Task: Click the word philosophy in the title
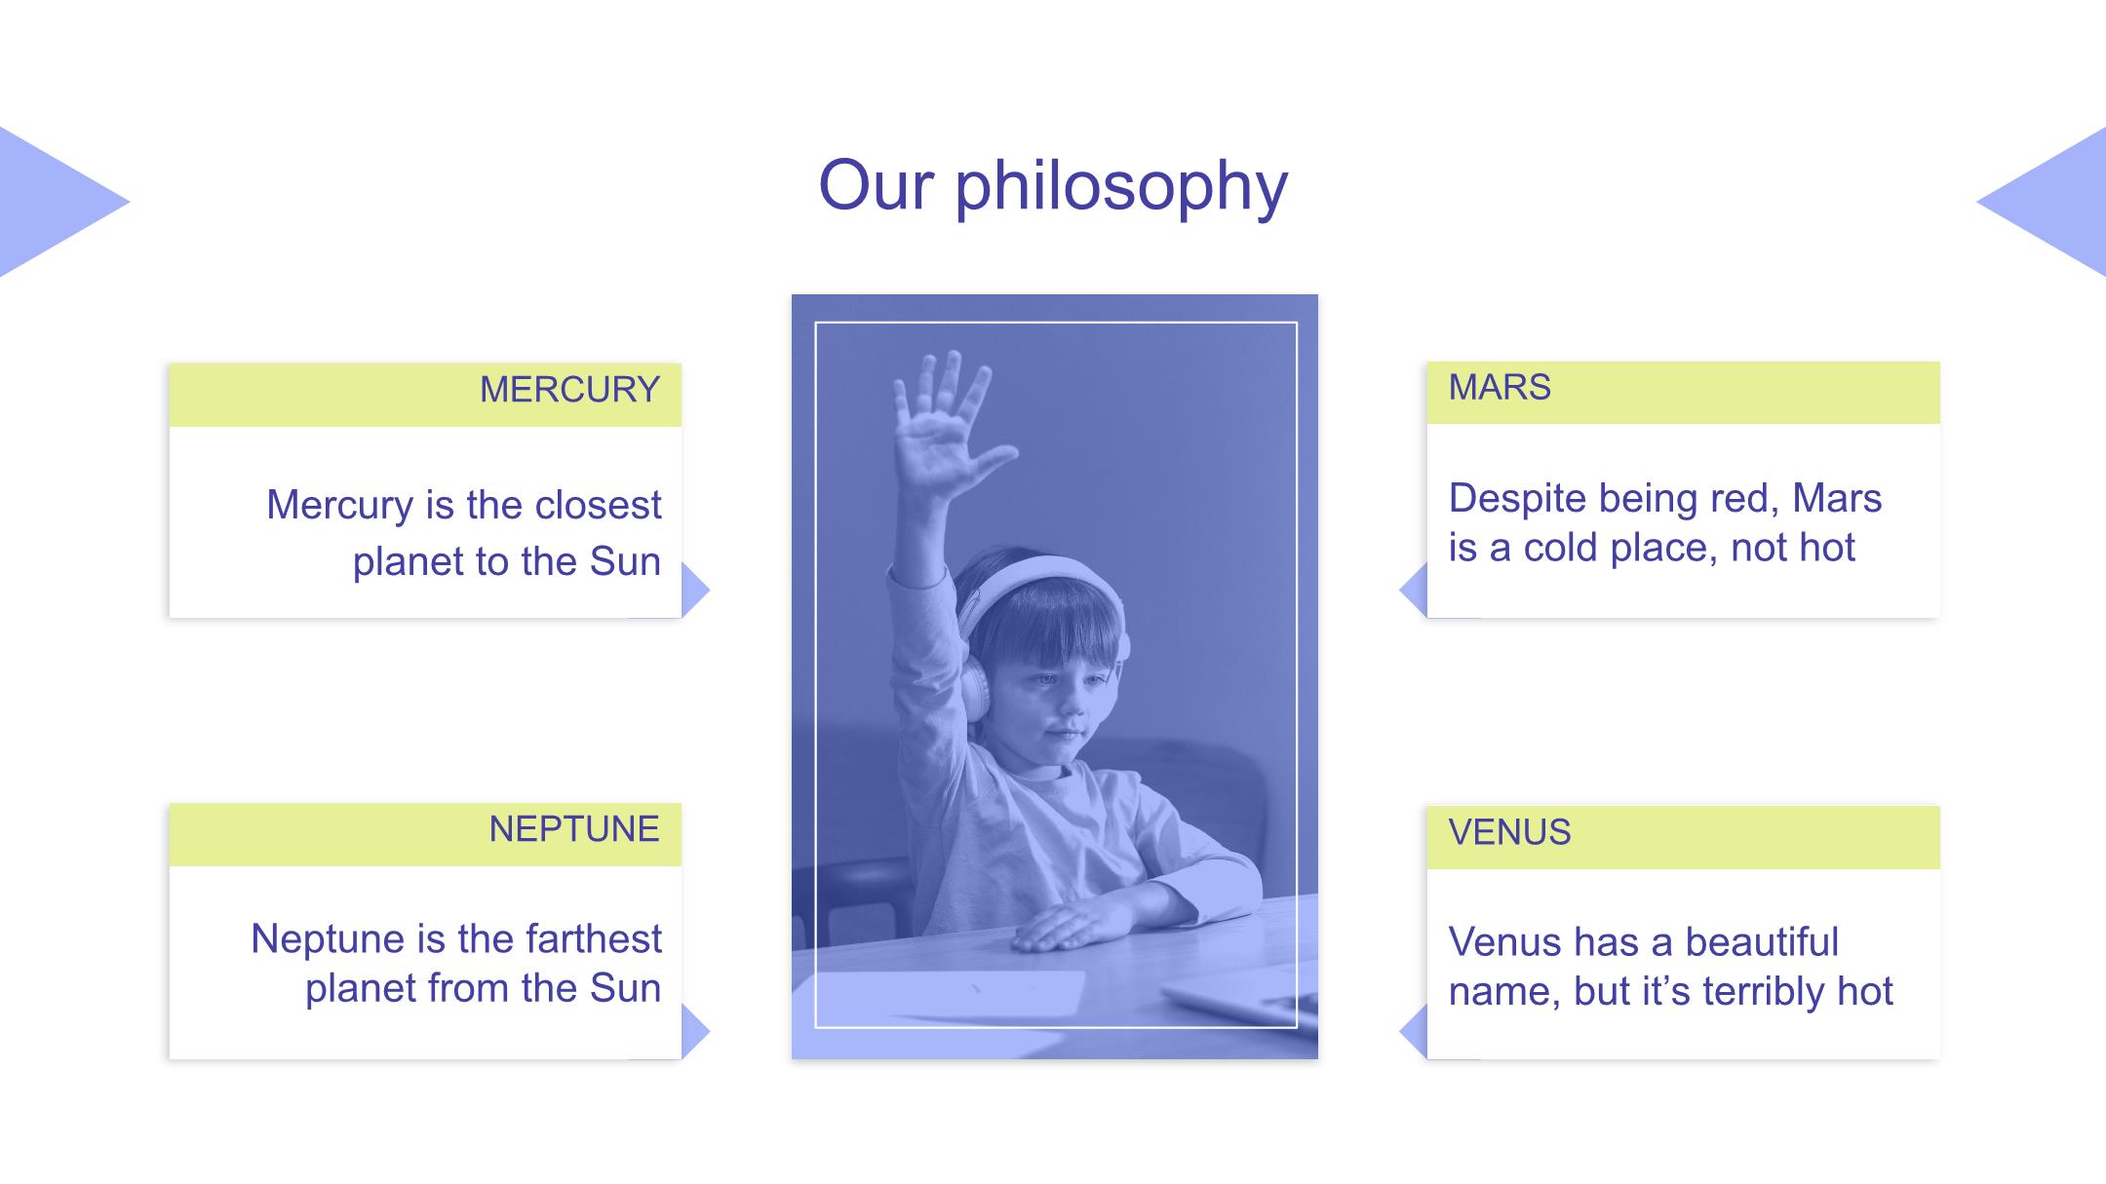1121,187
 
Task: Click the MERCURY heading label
569,390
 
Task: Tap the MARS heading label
1500,387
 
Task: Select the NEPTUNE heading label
574,829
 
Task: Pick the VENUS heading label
1509,832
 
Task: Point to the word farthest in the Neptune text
594,938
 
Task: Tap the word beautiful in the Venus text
1762,942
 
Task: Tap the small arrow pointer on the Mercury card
695,590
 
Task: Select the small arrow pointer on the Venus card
1414,1031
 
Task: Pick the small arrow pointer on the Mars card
1414,590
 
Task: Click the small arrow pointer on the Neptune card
695,1031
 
